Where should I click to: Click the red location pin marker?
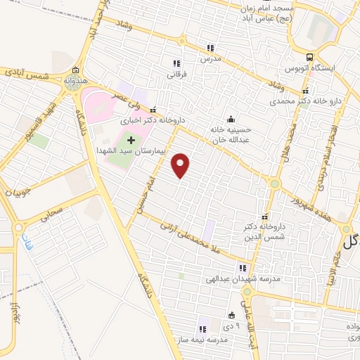(x=181, y=166)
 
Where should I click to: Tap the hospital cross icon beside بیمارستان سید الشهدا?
(x=131, y=141)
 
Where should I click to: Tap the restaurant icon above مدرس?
(x=210, y=48)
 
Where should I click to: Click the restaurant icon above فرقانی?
(x=176, y=63)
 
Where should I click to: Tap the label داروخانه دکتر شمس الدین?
(x=264, y=231)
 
